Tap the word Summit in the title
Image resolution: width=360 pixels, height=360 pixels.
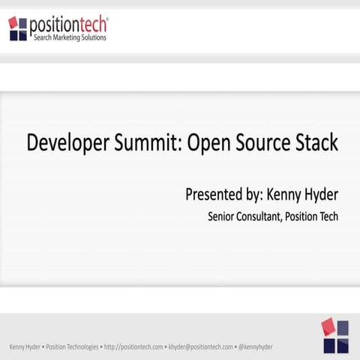146,143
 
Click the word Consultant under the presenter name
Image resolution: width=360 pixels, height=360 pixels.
263,217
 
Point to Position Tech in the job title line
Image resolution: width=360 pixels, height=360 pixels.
314,217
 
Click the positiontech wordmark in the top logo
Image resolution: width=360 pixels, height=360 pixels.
68,25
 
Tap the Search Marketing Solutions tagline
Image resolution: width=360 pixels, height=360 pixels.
70,37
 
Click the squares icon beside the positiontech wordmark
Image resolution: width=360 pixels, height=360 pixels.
17,28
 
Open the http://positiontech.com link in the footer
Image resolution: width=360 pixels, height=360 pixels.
133,347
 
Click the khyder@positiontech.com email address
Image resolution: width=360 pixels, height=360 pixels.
201,347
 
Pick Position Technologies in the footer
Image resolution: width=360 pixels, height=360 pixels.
73,347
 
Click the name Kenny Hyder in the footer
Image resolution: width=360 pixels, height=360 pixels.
25,347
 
